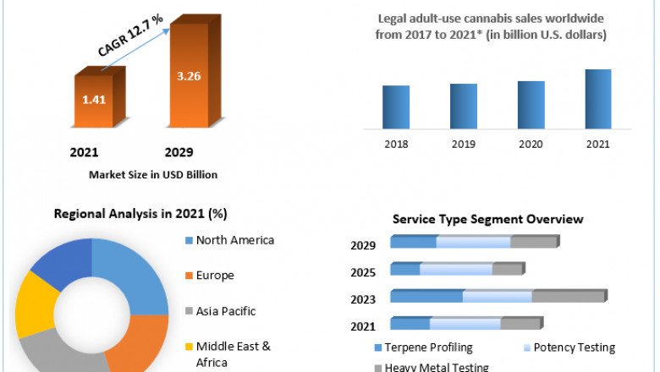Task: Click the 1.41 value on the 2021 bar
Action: [93, 100]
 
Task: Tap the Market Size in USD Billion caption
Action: [152, 175]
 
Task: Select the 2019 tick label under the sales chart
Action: [463, 144]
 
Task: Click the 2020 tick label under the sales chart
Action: [531, 144]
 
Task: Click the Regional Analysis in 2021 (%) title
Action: [140, 214]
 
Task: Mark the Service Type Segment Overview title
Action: [487, 219]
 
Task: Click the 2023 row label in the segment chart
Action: [364, 299]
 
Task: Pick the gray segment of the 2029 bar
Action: [533, 242]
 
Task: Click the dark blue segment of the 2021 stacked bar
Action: [410, 323]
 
